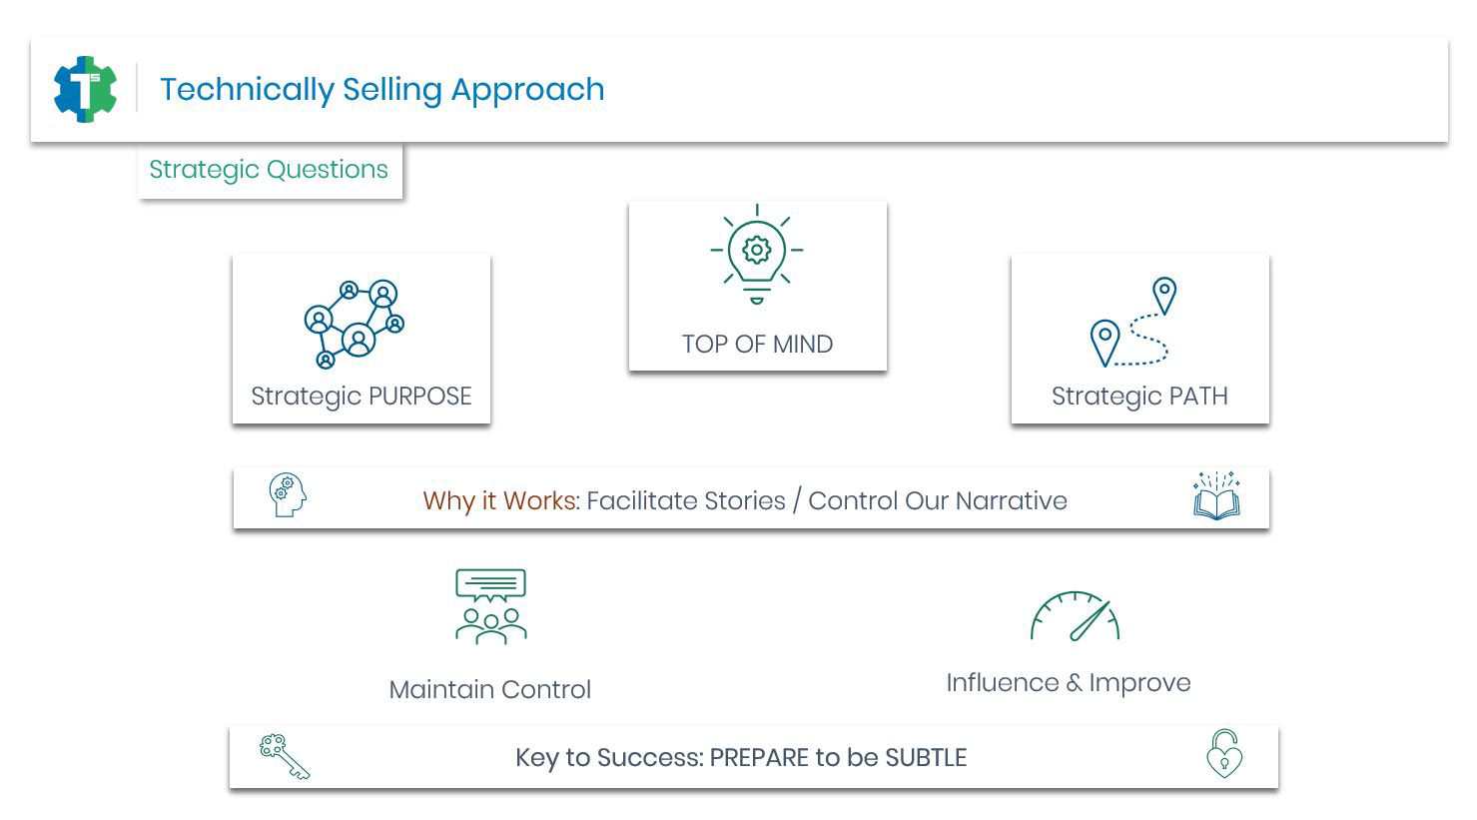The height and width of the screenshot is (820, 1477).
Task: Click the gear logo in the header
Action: pos(85,89)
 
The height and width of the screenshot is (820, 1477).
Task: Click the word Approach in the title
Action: pos(527,90)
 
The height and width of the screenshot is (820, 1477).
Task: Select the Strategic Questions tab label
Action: pos(269,170)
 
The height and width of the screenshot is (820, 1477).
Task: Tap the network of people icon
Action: pos(355,324)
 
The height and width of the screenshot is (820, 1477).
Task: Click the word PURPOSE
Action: pos(417,397)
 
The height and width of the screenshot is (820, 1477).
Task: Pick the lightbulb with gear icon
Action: pos(757,254)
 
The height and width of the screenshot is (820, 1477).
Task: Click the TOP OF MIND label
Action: pos(757,345)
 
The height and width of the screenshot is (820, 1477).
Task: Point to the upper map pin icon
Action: pos(1164,295)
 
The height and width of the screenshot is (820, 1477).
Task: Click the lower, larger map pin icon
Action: pos(1105,342)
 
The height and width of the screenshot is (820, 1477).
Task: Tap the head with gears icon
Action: pos(287,495)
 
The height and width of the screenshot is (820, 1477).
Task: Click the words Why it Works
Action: pos(499,500)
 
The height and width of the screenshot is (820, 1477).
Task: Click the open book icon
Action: pos(1216,496)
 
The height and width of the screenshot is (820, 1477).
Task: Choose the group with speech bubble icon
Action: pos(490,606)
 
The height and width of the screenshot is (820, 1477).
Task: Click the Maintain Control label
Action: pos(489,690)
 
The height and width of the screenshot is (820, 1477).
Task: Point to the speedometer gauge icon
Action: pos(1075,616)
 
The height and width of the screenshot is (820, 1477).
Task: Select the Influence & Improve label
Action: pos(1068,683)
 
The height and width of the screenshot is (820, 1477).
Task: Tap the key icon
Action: pos(285,756)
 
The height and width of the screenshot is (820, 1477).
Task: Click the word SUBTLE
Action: pos(926,758)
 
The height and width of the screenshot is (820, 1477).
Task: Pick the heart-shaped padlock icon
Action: pos(1224,754)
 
